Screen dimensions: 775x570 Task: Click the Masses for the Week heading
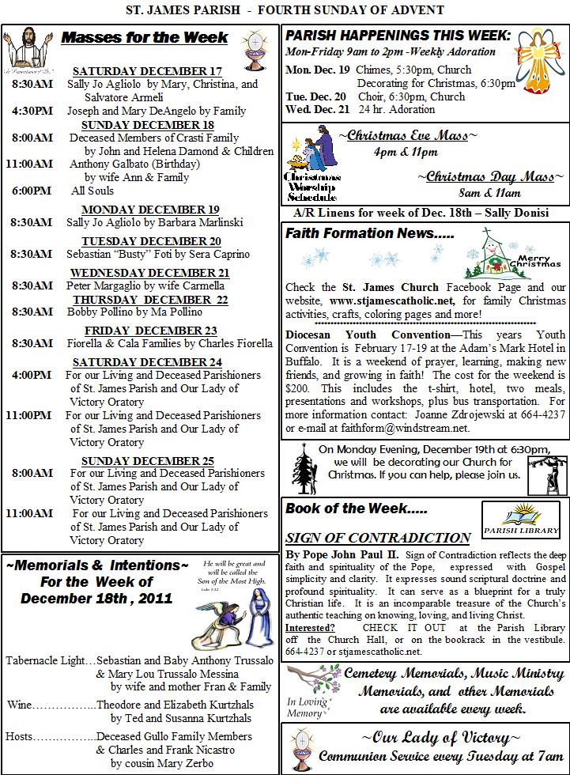point(145,37)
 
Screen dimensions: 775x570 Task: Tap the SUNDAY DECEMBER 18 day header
point(147,124)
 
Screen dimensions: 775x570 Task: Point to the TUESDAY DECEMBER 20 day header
point(151,241)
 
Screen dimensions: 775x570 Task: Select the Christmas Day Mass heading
point(491,176)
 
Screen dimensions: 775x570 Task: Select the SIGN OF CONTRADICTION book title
point(378,538)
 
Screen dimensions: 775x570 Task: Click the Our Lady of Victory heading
point(436,738)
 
